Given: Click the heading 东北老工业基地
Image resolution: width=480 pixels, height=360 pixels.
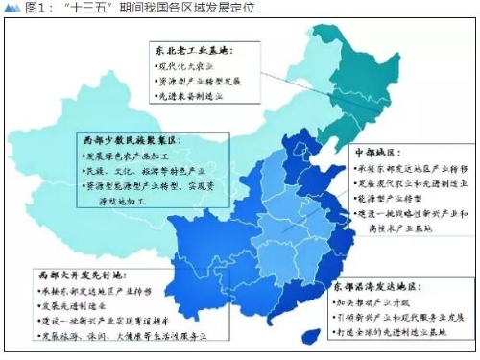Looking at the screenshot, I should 193,48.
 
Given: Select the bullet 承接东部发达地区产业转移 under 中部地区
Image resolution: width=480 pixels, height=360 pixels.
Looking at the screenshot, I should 412,167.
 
